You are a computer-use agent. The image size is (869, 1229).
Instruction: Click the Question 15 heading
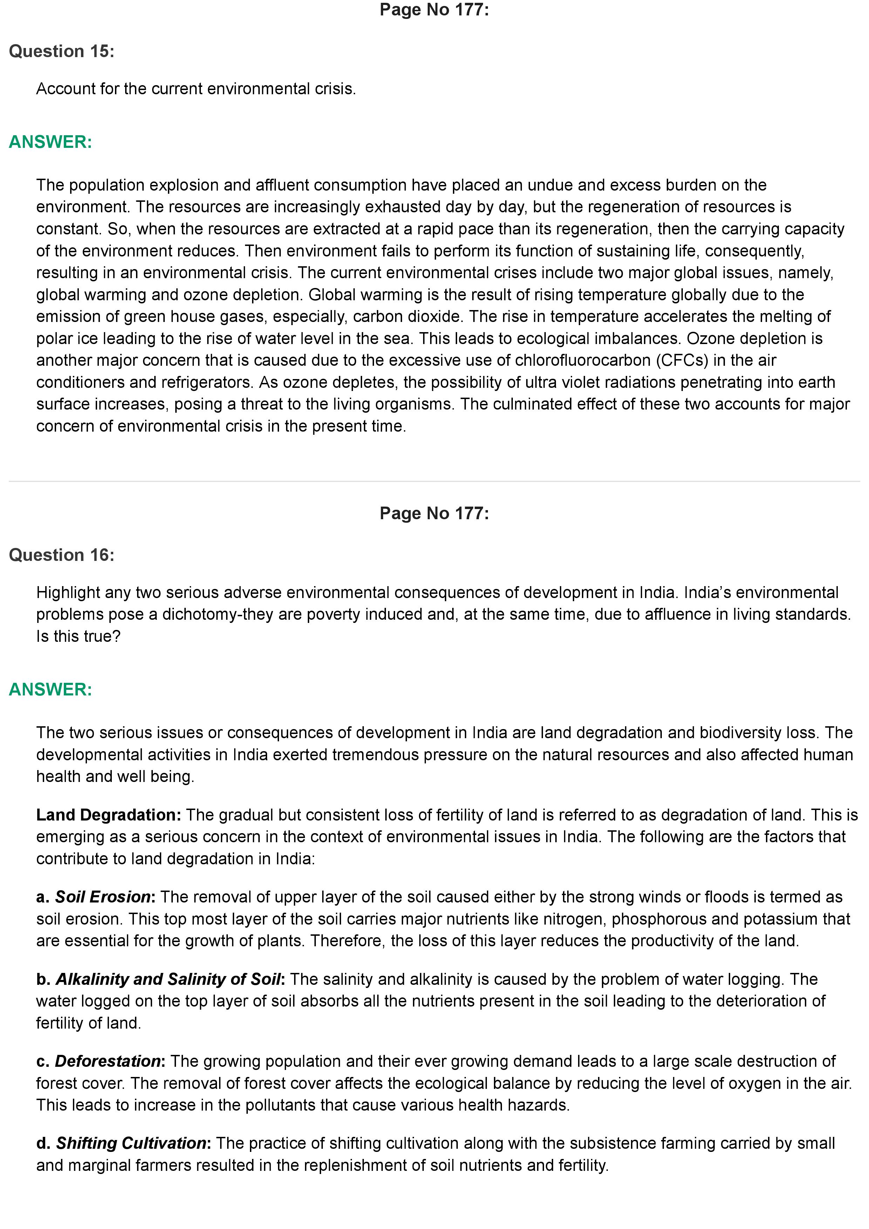click(x=62, y=52)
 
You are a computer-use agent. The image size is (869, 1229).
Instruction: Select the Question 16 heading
click(x=62, y=555)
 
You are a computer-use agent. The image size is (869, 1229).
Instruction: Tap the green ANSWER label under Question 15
click(x=50, y=142)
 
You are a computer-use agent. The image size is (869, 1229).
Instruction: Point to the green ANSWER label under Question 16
click(x=50, y=689)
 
